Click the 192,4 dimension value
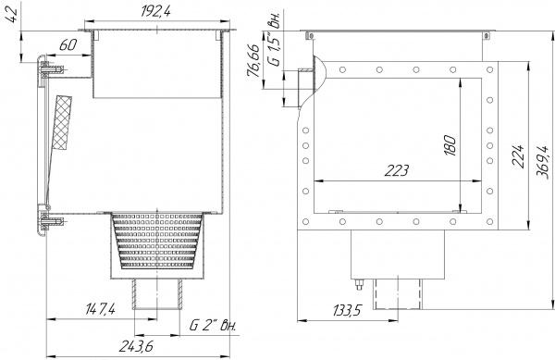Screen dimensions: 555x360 155,11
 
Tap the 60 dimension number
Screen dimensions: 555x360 68,45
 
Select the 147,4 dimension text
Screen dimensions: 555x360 100,310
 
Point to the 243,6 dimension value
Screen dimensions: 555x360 136,346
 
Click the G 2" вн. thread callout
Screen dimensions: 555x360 213,325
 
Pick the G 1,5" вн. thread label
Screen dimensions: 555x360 275,39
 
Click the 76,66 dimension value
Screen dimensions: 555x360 253,60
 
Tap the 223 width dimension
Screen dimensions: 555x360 397,170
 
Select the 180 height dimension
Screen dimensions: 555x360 450,144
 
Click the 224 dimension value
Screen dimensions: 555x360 518,155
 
